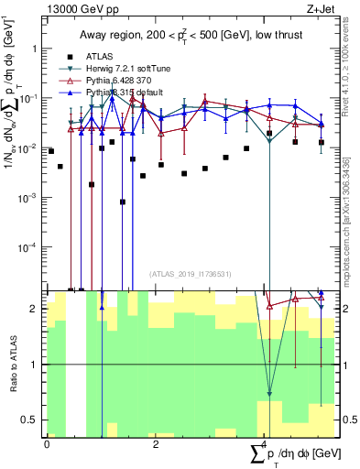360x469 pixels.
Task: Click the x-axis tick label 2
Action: pyautogui.click(x=156, y=444)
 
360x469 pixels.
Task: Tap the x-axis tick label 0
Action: pyautogui.click(x=47, y=444)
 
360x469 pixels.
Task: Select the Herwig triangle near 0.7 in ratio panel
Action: pyautogui.click(x=269, y=395)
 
